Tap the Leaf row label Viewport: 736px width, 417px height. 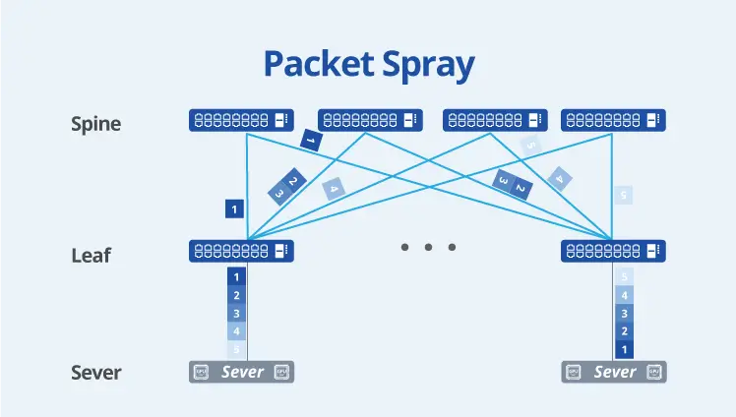click(92, 256)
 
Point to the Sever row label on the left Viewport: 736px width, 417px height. click(96, 373)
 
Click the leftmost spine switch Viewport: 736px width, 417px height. click(241, 120)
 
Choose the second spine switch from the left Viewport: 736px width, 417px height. click(370, 120)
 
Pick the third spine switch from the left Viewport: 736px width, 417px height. click(496, 120)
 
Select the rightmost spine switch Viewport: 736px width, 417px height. click(612, 120)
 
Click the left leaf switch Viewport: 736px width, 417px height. click(241, 251)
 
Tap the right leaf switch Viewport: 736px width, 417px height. click(612, 251)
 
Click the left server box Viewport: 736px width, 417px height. click(241, 372)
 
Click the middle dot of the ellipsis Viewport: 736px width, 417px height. click(429, 247)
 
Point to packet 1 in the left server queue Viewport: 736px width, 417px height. click(235, 277)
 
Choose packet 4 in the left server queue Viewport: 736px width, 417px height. click(235, 331)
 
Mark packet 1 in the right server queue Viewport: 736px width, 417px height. click(622, 349)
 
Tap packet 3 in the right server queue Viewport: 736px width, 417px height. click(622, 313)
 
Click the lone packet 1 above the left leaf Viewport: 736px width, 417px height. click(234, 208)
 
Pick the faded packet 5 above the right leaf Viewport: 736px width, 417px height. click(622, 196)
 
